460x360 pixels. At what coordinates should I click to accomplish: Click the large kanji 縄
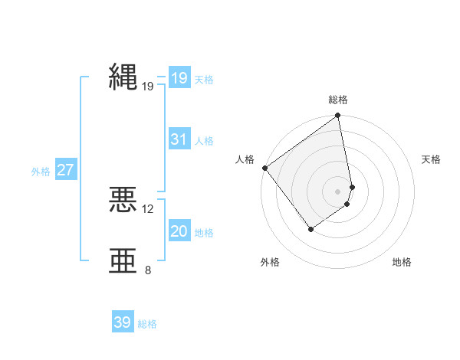pyautogui.click(x=124, y=77)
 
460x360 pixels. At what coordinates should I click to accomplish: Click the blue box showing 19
pyautogui.click(x=179, y=78)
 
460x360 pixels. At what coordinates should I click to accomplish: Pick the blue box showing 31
pyautogui.click(x=179, y=139)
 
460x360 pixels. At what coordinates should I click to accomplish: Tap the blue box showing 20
pyautogui.click(x=179, y=231)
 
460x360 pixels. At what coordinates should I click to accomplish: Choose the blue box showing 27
pyautogui.click(x=65, y=170)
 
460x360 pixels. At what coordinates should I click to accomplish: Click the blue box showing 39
pyautogui.click(x=122, y=322)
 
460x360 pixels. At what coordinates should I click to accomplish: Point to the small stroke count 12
pyautogui.click(x=148, y=208)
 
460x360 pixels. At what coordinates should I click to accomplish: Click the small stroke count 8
pyautogui.click(x=148, y=270)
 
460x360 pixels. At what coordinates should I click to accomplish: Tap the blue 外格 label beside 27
pyautogui.click(x=41, y=172)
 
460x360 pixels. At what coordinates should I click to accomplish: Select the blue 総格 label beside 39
pyautogui.click(x=147, y=324)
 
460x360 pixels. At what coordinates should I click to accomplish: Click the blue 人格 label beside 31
pyautogui.click(x=204, y=141)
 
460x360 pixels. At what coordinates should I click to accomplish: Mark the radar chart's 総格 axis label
pyautogui.click(x=338, y=100)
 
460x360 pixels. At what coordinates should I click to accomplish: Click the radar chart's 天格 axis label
pyautogui.click(x=432, y=159)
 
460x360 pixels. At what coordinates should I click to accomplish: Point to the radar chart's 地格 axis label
pyautogui.click(x=402, y=262)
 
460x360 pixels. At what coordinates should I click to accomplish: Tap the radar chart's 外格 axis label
pyautogui.click(x=270, y=262)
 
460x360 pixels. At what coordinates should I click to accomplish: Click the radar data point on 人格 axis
pyautogui.click(x=265, y=168)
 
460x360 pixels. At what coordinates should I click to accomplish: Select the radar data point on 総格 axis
pyautogui.click(x=338, y=116)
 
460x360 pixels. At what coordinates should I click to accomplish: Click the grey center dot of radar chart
pyautogui.click(x=338, y=191)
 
